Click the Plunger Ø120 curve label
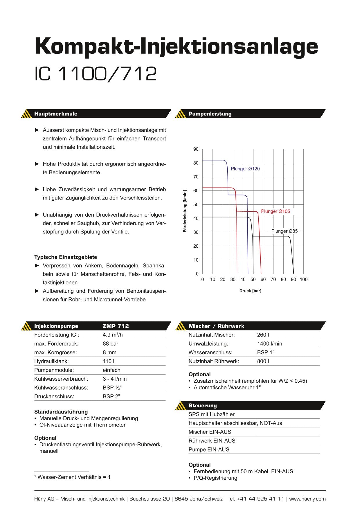click(x=245, y=169)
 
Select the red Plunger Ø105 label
click(x=275, y=211)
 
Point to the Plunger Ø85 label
click(x=284, y=231)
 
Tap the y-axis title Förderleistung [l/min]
click(x=185, y=211)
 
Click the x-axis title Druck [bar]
click(x=250, y=291)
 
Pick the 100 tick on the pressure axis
click(x=304, y=279)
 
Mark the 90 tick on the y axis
click(x=196, y=149)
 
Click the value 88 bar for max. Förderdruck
click(x=110, y=343)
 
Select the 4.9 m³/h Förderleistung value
click(x=113, y=335)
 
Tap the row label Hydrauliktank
click(x=51, y=361)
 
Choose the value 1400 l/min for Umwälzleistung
click(x=269, y=343)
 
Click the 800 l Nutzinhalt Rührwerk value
click(x=263, y=361)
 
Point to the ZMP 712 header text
click(x=116, y=326)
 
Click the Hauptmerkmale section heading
click(x=56, y=114)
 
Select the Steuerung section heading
click(x=202, y=406)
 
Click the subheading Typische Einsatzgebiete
click(x=66, y=257)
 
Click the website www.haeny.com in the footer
click(x=307, y=499)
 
